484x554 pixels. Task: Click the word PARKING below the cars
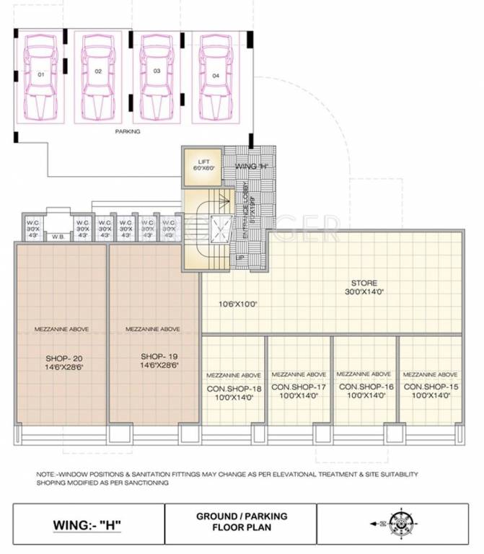tap(128, 132)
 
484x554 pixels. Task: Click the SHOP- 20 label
tap(61, 357)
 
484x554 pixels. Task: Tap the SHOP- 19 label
tap(152, 357)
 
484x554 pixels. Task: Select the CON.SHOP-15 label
tap(430, 387)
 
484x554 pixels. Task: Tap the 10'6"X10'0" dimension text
tap(239, 304)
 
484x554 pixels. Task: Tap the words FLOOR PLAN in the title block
tap(242, 528)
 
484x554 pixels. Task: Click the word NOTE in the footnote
tap(45, 474)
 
